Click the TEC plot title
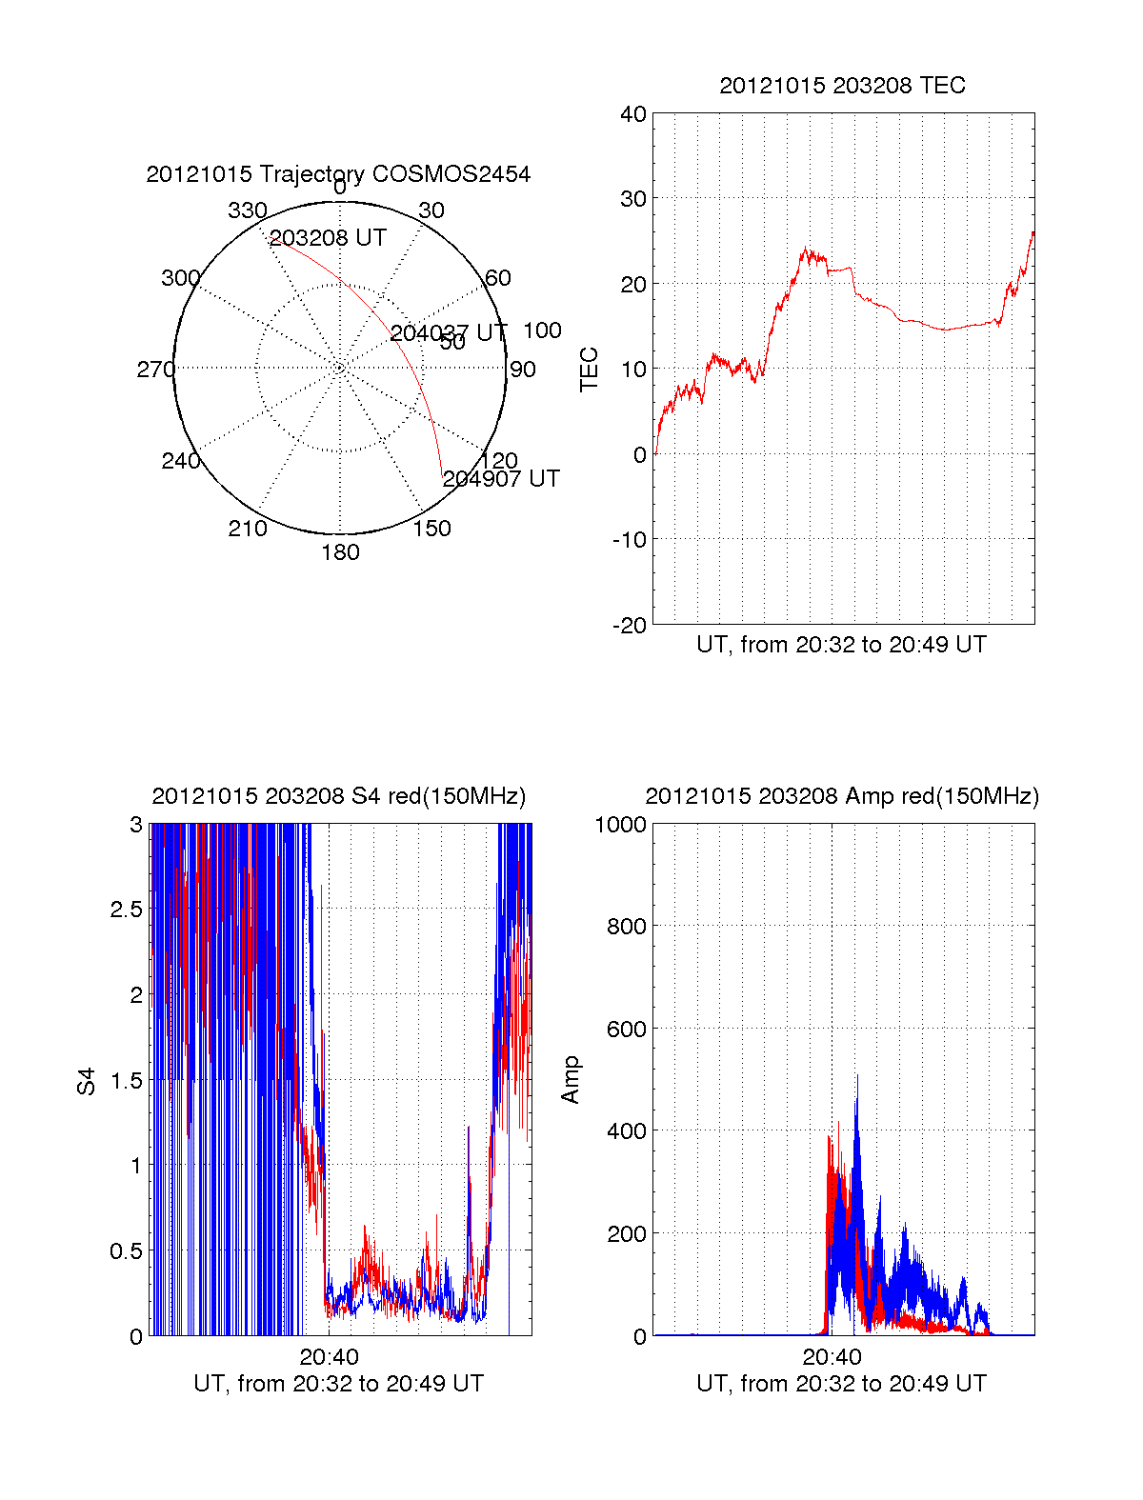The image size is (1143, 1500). click(x=842, y=86)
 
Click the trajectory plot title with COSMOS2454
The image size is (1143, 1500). click(x=338, y=174)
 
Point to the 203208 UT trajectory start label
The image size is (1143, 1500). click(x=328, y=238)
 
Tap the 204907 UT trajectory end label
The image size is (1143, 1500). click(x=501, y=479)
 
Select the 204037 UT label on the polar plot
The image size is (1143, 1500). click(x=448, y=333)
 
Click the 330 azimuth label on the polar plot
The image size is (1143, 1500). click(x=247, y=210)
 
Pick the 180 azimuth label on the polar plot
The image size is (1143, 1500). click(x=340, y=552)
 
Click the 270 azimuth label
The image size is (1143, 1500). click(x=155, y=370)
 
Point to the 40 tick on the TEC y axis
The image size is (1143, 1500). click(x=633, y=114)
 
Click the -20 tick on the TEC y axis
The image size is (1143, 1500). click(x=630, y=625)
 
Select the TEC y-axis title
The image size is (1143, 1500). click(x=590, y=370)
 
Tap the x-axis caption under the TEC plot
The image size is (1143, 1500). click(x=841, y=645)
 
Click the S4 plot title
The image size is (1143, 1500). click(x=338, y=796)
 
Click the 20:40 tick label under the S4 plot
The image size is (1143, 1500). click(x=329, y=1357)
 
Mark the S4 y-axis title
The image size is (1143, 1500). click(x=87, y=1082)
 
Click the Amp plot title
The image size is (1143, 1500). click(x=841, y=796)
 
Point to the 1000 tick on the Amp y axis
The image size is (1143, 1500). click(x=620, y=825)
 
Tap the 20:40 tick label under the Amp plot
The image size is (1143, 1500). click(x=832, y=1357)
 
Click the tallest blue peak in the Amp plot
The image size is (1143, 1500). click(x=856, y=1077)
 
